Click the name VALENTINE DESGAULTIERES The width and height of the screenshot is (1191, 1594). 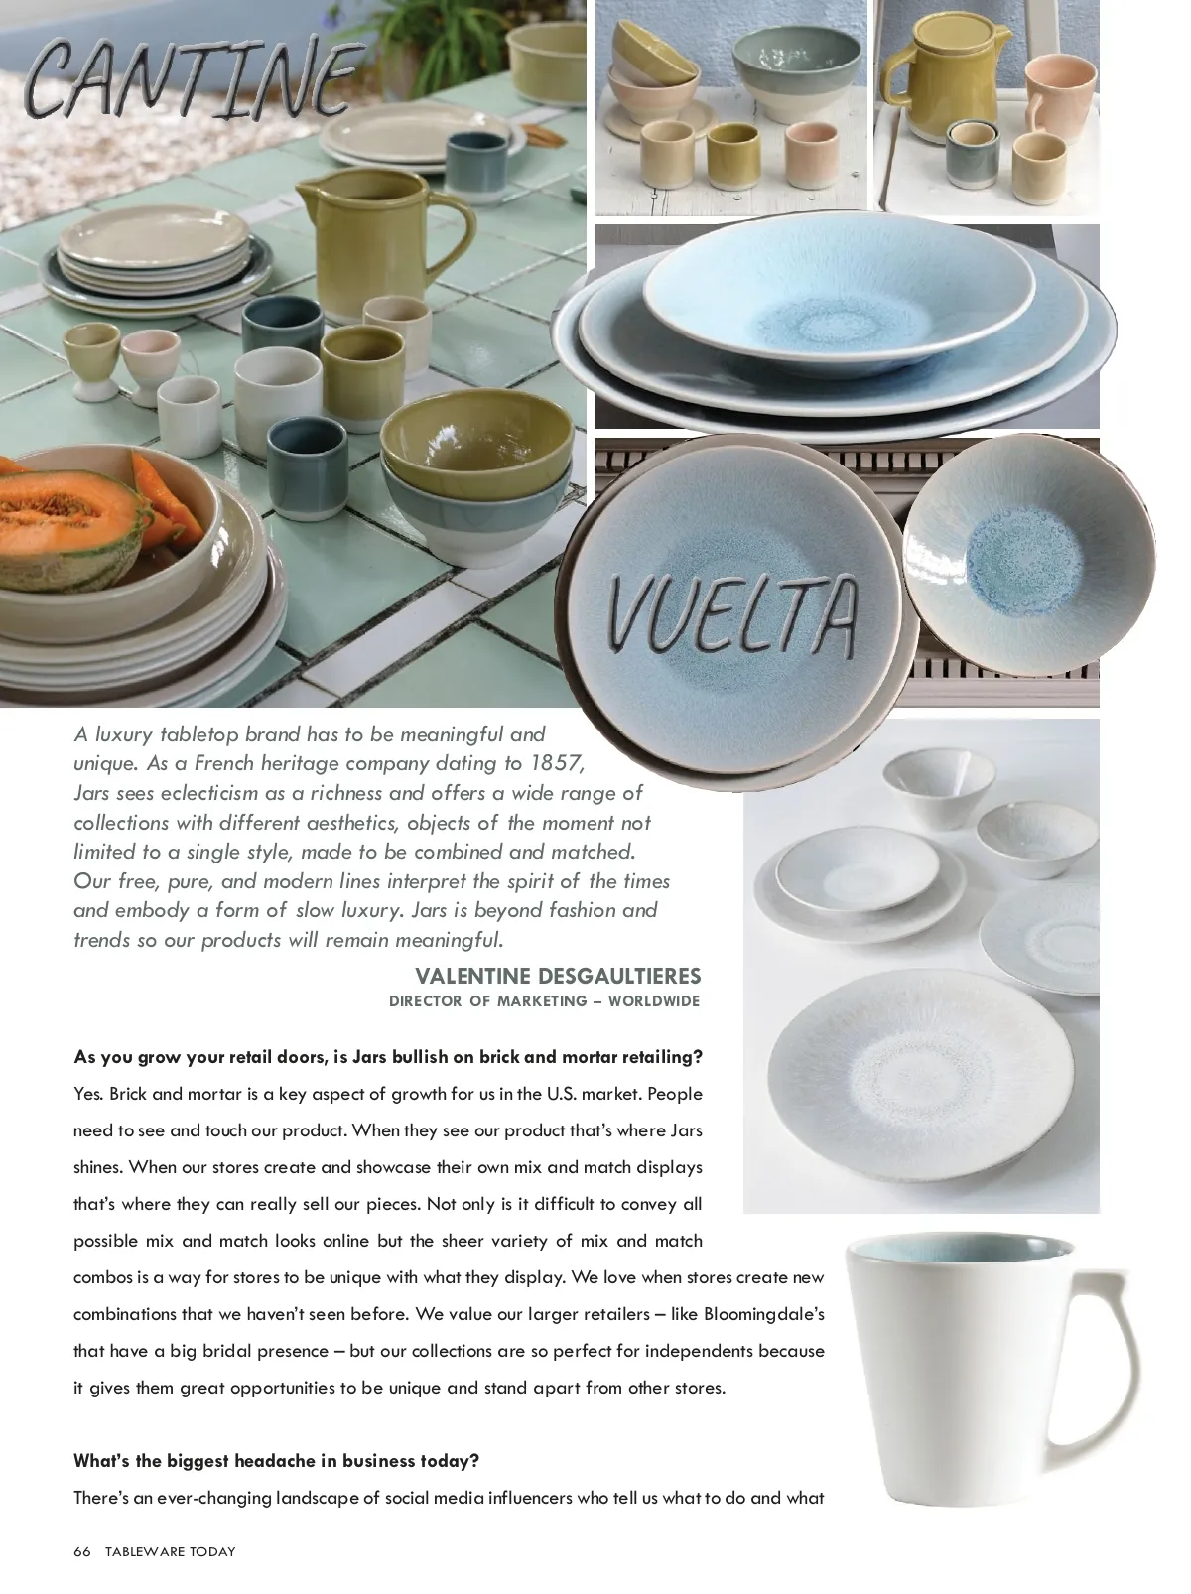click(558, 976)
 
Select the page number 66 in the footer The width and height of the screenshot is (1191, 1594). click(81, 1551)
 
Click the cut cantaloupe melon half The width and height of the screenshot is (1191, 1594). click(69, 526)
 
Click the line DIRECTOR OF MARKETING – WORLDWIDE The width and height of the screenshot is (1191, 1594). click(544, 1001)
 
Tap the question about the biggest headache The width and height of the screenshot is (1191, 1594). click(277, 1461)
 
